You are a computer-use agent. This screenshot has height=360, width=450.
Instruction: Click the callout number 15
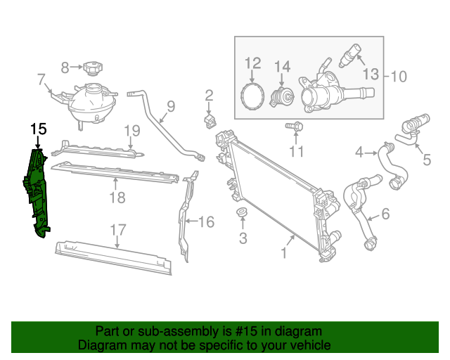point(38,129)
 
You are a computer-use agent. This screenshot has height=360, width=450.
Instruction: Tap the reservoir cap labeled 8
point(92,68)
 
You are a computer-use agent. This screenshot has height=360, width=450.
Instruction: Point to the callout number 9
point(170,108)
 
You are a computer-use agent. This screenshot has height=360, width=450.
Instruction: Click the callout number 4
point(359,152)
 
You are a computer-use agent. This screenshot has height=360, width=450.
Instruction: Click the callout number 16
point(205,222)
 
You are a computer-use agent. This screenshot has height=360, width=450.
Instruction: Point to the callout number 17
point(118,229)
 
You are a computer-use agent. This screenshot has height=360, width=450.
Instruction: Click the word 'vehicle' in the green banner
point(307,345)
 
